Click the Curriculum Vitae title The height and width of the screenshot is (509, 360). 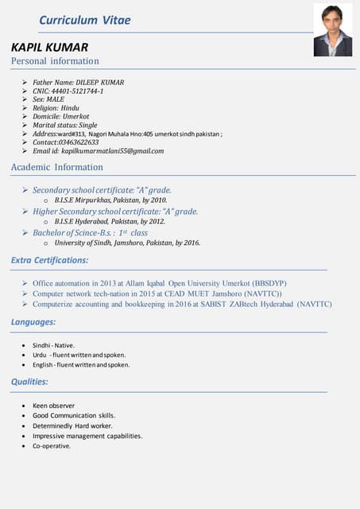point(85,20)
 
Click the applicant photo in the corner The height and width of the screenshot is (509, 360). point(332,30)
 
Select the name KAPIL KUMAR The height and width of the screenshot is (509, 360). point(49,47)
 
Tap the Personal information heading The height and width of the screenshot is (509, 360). point(55,61)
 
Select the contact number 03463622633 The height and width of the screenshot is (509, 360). point(83,142)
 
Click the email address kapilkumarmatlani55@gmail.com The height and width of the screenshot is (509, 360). point(113,151)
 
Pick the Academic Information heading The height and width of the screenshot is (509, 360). point(57,167)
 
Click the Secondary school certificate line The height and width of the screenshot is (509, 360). point(102,190)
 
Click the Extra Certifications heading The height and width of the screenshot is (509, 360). point(50,260)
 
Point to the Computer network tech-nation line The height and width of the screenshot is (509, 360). point(157,293)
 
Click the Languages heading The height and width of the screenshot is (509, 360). point(33,322)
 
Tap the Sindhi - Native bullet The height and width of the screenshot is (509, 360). point(53,344)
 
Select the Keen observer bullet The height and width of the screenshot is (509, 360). point(54,405)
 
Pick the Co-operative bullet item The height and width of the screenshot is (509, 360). point(52,446)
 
